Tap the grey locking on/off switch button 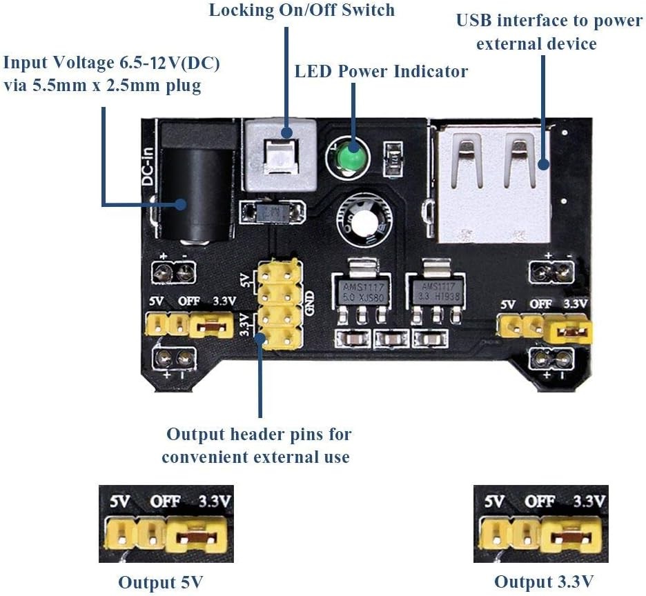[x=280, y=152]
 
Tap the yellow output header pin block [x=280, y=304]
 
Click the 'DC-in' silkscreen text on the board [x=148, y=166]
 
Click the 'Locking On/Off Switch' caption [x=302, y=10]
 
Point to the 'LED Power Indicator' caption [x=381, y=71]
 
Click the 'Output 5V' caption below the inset [x=161, y=581]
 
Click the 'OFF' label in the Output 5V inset [x=164, y=501]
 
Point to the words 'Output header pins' [x=259, y=435]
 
